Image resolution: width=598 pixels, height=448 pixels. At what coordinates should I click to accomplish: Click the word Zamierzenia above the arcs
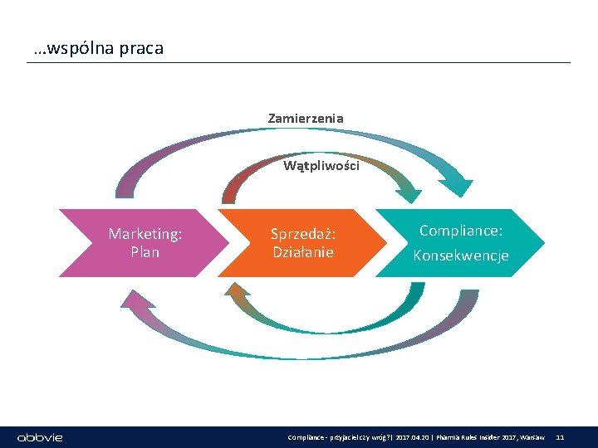tap(305, 119)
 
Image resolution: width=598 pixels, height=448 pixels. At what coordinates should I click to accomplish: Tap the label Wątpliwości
tap(321, 166)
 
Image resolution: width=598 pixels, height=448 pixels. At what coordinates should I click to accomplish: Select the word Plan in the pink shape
tap(145, 252)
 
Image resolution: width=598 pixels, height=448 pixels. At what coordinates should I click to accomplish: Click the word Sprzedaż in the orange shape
tap(302, 235)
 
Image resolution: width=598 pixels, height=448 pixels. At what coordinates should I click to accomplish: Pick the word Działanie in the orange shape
tap(303, 252)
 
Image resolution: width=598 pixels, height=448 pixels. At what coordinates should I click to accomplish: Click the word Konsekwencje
tap(461, 256)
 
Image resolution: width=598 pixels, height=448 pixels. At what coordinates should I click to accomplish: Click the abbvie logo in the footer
tap(41, 437)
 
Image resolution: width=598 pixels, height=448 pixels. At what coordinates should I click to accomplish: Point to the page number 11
tap(560, 437)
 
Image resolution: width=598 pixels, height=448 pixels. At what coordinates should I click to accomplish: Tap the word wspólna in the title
tap(74, 48)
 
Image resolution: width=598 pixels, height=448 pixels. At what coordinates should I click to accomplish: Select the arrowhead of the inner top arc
tap(409, 196)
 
